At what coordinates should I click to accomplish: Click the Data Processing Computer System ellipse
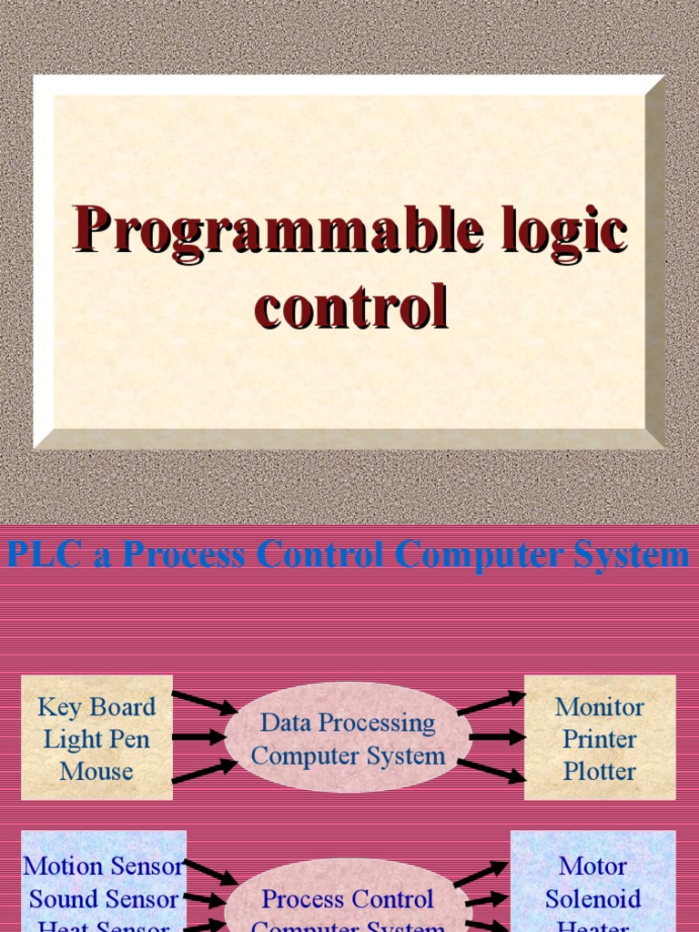pos(348,739)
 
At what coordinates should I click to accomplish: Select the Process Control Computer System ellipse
pos(348,907)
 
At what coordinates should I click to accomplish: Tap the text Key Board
pos(96,706)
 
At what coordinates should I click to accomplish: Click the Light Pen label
pos(96,738)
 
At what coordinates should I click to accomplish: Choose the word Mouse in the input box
pos(96,771)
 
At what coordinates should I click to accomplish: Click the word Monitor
pos(600,706)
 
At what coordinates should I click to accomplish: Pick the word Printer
pos(600,738)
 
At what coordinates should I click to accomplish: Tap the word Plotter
pos(600,771)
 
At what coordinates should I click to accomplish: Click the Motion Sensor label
pos(103,866)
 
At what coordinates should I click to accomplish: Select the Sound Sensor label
pos(103,899)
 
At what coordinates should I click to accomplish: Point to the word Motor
pos(593,866)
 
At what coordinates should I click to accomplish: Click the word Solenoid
pos(593,899)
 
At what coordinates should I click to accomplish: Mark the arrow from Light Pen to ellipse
pos(198,737)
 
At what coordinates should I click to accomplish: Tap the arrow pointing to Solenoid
pos(488,899)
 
